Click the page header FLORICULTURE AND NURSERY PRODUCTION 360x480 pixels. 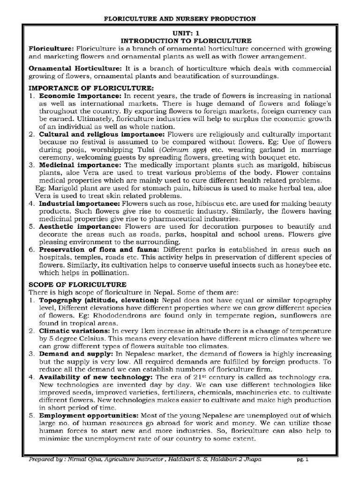coord(180,19)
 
